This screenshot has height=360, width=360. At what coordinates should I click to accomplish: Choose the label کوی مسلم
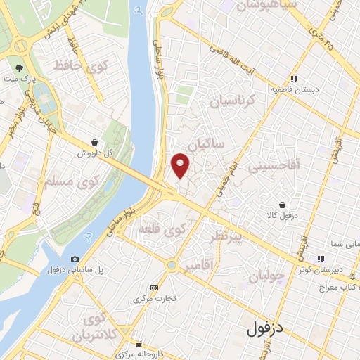[x=49, y=185]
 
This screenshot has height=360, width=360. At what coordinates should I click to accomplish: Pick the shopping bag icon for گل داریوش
[x=94, y=141]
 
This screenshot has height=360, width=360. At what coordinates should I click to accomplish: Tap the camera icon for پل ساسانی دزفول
[x=75, y=259]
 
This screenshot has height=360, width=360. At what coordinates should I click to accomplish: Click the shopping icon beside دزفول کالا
[x=282, y=205]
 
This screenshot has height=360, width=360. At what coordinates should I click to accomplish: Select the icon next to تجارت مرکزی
[x=154, y=288]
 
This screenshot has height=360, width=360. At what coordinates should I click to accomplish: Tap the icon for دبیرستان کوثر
[x=321, y=259]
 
